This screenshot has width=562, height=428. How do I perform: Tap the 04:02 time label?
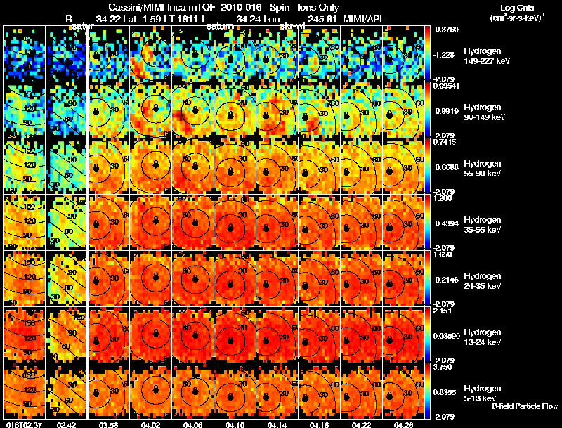pyautogui.click(x=151, y=424)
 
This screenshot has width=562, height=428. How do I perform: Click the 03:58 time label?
pyautogui.click(x=109, y=424)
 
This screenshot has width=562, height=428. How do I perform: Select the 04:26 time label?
pyautogui.click(x=404, y=424)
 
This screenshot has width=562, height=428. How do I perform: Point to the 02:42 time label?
pyautogui.click(x=66, y=424)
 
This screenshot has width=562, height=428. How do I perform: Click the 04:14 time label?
pyautogui.click(x=277, y=424)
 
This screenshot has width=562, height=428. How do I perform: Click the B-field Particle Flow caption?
pyautogui.click(x=524, y=406)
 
